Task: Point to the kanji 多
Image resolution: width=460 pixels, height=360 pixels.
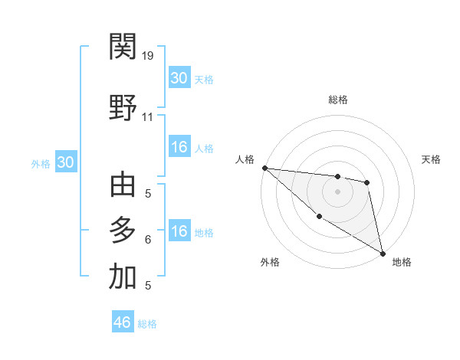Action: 123,231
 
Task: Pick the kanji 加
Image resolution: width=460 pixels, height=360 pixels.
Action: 123,277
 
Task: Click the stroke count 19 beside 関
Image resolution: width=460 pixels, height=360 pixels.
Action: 148,56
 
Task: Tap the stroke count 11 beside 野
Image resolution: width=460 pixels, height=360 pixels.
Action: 148,117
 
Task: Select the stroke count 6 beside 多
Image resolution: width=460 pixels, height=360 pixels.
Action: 147,240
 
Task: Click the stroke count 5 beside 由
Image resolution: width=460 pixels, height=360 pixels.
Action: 147,194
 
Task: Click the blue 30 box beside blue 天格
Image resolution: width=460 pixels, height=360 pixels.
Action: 179,77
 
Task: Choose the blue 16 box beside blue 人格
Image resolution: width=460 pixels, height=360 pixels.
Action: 179,147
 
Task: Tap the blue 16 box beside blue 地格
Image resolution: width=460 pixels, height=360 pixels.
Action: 179,231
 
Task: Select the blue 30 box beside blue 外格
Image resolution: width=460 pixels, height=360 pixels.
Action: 65,162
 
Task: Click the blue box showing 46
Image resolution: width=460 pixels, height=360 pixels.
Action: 123,322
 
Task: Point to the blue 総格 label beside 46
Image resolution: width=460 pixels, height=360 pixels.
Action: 147,324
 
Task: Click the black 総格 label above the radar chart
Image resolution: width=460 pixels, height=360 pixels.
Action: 338,100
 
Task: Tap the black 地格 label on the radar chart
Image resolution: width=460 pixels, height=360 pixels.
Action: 402,262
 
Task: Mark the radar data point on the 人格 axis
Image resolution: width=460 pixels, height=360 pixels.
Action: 264,168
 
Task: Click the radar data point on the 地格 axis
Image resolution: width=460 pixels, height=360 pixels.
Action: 383,252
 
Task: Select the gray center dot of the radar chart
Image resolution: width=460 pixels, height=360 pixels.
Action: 338,191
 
